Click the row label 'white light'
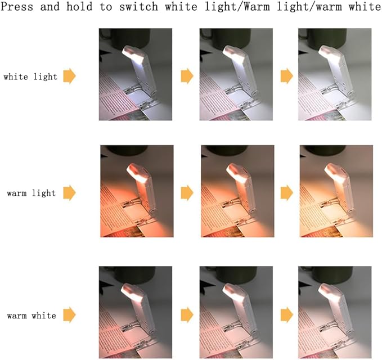click(30, 76)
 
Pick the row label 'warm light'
click(32, 193)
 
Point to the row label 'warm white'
click(32, 316)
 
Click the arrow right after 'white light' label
click(69, 76)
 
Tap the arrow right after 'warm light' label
click(69, 193)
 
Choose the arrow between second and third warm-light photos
click(287, 193)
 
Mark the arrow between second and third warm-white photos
click(287, 313)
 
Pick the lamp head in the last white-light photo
click(329, 53)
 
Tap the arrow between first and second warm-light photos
click(187, 193)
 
